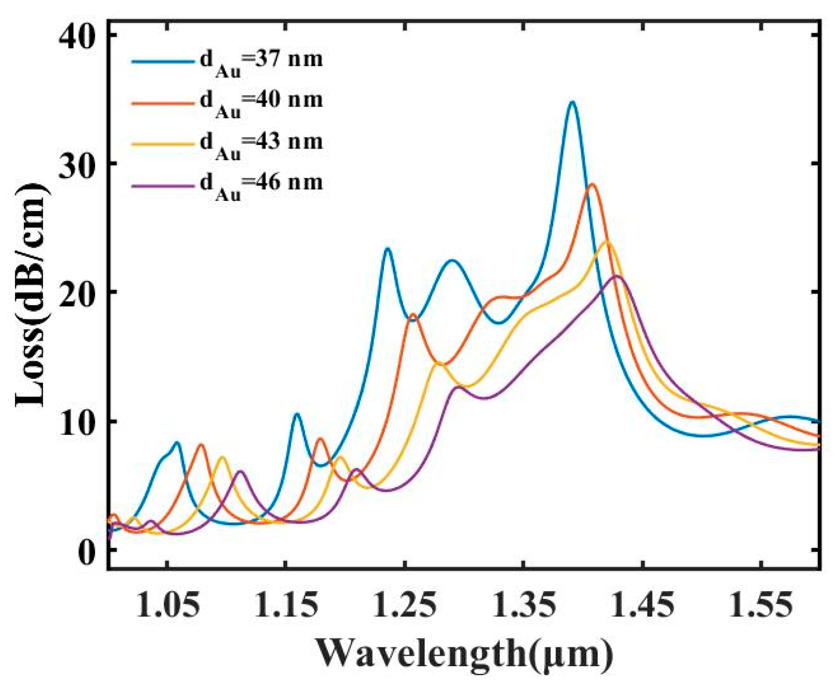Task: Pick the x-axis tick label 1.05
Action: pos(168,607)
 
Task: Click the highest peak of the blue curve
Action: pos(572,102)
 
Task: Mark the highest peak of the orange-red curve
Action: pos(593,185)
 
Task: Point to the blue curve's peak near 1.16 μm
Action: pos(297,414)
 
